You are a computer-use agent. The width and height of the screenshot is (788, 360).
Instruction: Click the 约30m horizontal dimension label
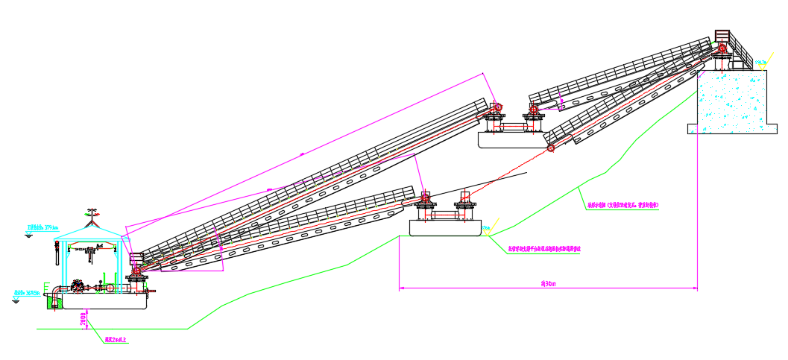[549, 283]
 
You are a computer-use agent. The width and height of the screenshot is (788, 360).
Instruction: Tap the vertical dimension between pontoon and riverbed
[83, 319]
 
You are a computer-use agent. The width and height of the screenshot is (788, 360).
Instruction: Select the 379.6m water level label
[43, 227]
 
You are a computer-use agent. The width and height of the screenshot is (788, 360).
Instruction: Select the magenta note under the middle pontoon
[548, 250]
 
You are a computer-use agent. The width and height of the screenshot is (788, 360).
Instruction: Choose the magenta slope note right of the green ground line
[623, 203]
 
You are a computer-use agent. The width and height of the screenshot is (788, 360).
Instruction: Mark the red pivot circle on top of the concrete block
[722, 48]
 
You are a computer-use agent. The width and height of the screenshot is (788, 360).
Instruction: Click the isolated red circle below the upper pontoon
[551, 149]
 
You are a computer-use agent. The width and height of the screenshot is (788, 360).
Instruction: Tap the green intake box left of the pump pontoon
[51, 300]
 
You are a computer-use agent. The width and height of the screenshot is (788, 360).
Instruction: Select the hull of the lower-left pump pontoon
[104, 301]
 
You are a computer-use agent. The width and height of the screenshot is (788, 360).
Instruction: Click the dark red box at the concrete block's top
[722, 35]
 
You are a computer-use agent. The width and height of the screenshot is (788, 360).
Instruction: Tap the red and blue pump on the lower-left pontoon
[79, 286]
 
